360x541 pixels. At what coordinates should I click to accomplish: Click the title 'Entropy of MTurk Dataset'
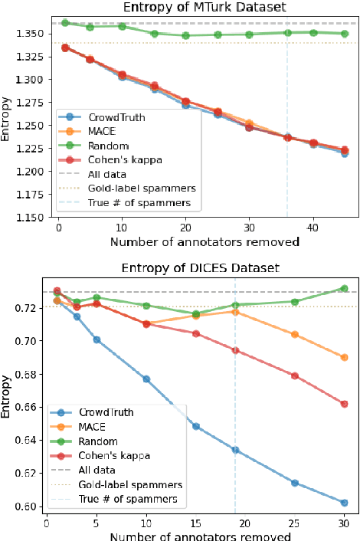tap(198, 8)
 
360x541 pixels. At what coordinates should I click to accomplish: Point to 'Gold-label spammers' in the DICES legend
tap(129, 485)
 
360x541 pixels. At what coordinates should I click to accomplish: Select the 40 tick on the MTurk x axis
tap(313, 228)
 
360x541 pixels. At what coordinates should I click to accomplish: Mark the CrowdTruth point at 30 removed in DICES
tap(344, 503)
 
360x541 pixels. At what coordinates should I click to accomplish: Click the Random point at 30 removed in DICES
tap(344, 289)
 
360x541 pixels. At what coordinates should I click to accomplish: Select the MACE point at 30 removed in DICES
tap(344, 358)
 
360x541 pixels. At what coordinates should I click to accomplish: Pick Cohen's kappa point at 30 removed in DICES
tap(344, 404)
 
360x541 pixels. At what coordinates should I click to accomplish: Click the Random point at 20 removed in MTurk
tap(186, 35)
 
